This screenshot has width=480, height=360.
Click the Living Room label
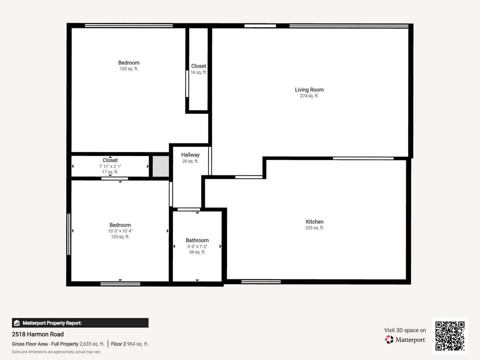(x=309, y=90)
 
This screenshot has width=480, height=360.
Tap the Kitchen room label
(x=314, y=222)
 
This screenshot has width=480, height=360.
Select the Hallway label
(x=190, y=155)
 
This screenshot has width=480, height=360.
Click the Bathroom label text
(x=197, y=240)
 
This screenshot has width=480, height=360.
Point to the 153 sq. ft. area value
(x=129, y=69)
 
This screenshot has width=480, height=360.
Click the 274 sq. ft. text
(x=309, y=96)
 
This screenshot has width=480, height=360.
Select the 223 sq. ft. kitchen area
(x=314, y=228)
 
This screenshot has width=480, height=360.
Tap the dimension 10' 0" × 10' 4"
(x=120, y=231)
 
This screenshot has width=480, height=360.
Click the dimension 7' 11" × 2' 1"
(x=110, y=167)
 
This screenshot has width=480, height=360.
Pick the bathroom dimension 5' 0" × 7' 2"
(x=197, y=247)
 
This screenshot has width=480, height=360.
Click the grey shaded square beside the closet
(x=161, y=166)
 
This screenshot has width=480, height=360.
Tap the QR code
(x=450, y=336)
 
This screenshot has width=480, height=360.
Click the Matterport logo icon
(x=389, y=339)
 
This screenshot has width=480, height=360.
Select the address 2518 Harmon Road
(x=38, y=334)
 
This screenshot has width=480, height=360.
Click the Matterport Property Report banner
(x=80, y=323)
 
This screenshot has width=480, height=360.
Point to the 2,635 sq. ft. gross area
(x=92, y=344)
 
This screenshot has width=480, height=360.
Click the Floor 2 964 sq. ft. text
(x=130, y=344)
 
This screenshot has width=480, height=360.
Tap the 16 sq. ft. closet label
(x=199, y=72)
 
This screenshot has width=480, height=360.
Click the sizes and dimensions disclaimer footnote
(x=56, y=352)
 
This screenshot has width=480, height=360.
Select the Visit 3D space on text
(x=405, y=330)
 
